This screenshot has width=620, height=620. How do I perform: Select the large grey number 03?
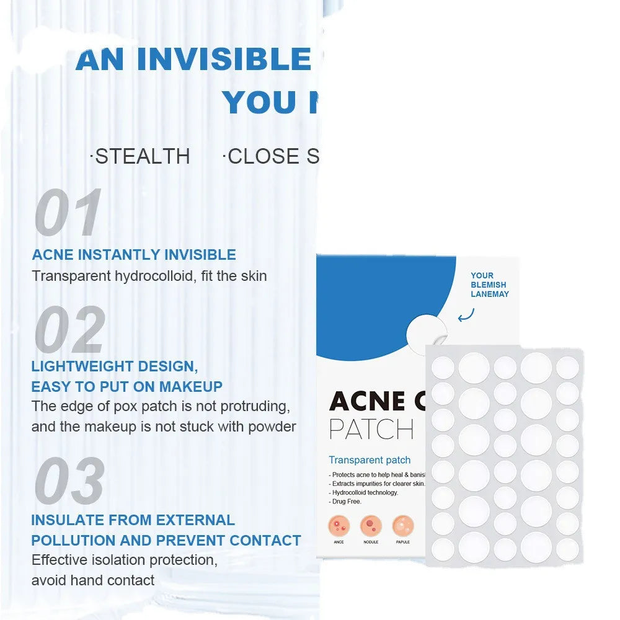tap(70, 481)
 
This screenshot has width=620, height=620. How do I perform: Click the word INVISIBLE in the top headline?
tap(223, 59)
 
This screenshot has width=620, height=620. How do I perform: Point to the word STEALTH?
tap(143, 156)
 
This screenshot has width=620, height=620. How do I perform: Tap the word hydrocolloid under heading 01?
tap(154, 276)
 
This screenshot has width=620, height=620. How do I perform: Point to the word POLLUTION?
tap(86, 540)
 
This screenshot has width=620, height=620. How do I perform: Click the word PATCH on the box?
tap(371, 429)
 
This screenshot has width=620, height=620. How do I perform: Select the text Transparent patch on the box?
tap(370, 460)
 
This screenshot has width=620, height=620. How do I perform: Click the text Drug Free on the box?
tap(347, 501)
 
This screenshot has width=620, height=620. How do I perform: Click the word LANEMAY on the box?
tap(489, 294)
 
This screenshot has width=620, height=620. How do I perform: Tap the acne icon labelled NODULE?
tap(371, 526)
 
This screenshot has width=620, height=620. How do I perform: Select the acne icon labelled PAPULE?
tap(402, 526)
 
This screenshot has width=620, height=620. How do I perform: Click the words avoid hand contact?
tap(93, 580)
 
